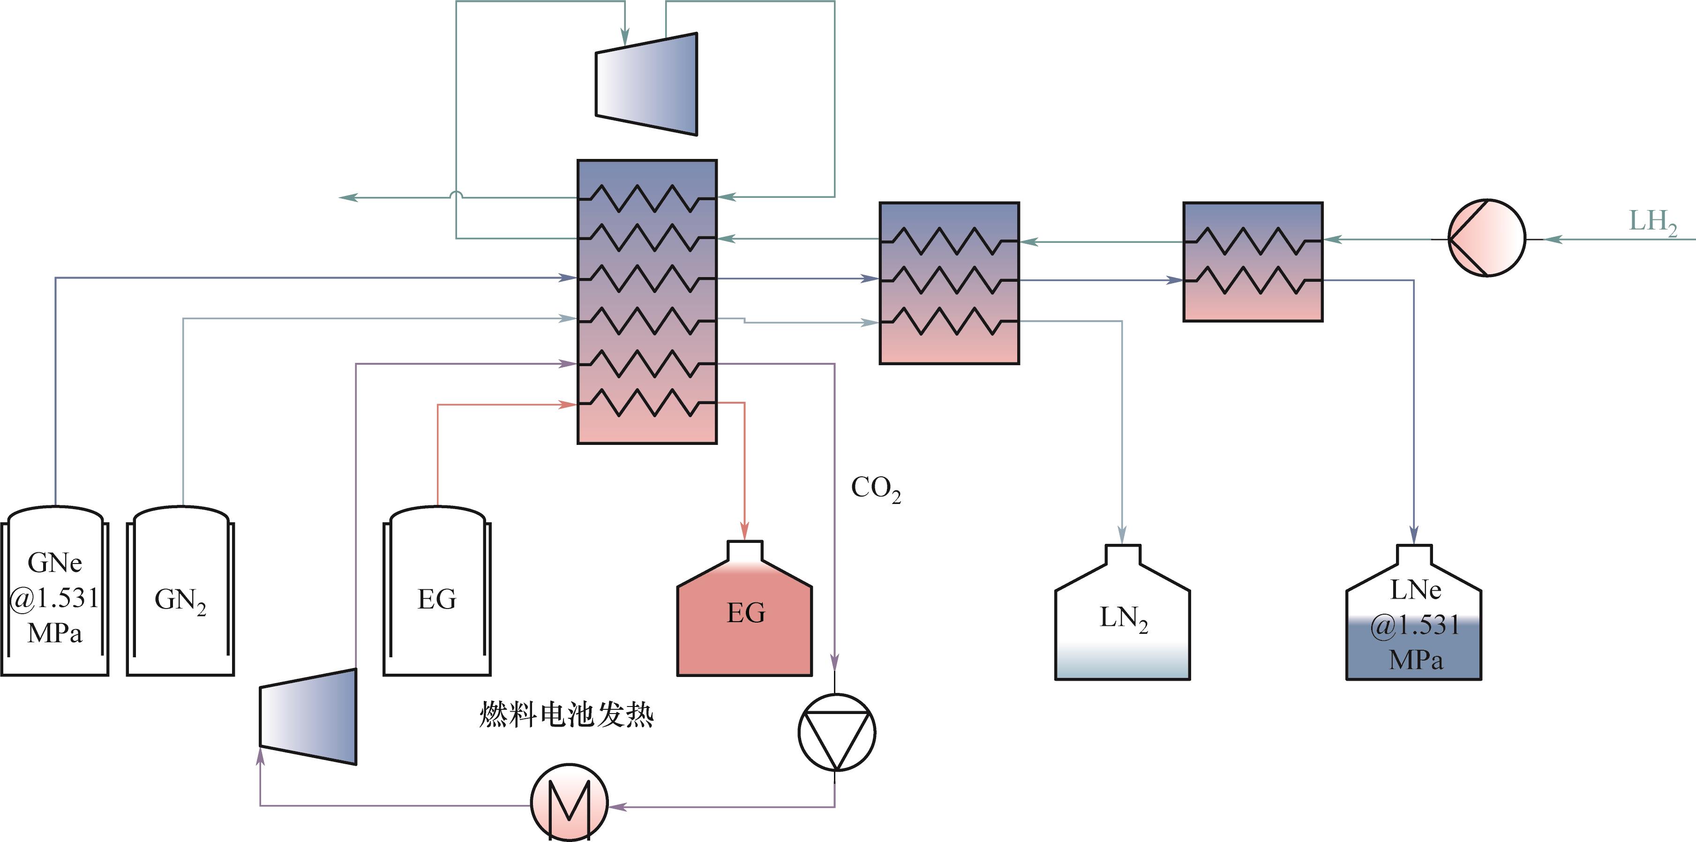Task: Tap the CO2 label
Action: [876, 489]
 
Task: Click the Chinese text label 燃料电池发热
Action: [566, 715]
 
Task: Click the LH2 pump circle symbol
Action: [1486, 238]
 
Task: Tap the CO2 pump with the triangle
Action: [836, 732]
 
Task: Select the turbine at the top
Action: [646, 84]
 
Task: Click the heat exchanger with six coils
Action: [646, 301]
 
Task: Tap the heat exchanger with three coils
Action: [949, 283]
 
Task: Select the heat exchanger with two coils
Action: [1253, 262]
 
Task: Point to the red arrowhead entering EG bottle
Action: [744, 531]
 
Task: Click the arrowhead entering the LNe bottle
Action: [1413, 534]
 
